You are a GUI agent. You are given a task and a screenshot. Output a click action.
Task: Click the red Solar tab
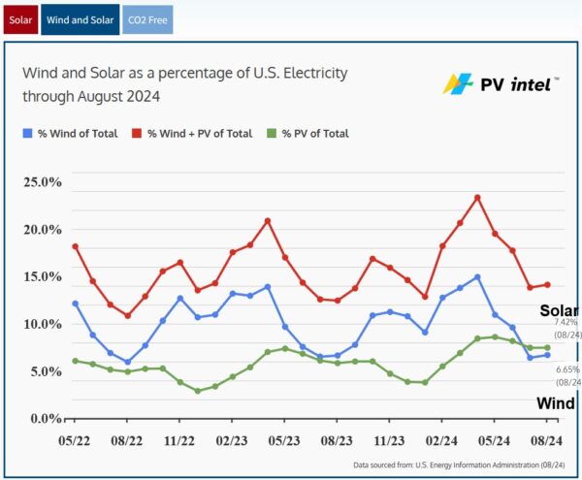point(18,18)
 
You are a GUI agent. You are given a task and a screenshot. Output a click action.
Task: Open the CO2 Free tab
point(147,18)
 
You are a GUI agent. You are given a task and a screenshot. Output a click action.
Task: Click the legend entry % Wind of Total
point(77,133)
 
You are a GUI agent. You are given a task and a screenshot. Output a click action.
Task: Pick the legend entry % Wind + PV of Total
point(198,133)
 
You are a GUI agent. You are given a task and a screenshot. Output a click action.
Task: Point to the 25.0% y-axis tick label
point(42,182)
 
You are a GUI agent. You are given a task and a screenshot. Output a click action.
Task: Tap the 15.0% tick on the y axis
point(42,276)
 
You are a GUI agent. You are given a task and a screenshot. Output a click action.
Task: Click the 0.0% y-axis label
point(45,418)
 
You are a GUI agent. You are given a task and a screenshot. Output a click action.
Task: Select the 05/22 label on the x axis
point(75,439)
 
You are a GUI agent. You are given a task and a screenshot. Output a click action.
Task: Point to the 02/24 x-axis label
point(441,439)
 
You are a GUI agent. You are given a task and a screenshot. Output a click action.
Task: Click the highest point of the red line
point(477,197)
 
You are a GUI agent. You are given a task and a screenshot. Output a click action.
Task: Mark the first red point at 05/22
point(75,246)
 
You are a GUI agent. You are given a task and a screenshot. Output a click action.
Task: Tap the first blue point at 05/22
point(75,304)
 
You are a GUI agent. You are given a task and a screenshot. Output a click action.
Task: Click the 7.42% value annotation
point(566,321)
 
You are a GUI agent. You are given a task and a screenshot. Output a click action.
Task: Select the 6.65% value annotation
point(567,369)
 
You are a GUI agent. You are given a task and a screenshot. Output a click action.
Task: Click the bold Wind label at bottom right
point(557,402)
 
